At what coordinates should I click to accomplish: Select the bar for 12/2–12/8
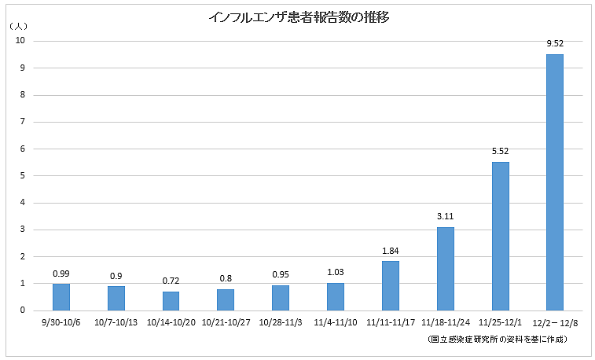555,182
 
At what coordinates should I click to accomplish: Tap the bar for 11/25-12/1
500,236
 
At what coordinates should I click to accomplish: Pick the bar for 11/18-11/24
446,268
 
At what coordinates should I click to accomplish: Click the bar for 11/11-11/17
391,285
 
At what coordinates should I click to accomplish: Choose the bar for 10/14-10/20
171,300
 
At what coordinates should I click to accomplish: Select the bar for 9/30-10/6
61,296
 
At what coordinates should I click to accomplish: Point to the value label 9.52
555,44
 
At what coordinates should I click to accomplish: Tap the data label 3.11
446,217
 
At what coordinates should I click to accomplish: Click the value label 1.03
336,273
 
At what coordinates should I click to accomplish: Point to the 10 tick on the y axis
21,41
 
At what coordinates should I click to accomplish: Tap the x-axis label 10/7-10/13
116,323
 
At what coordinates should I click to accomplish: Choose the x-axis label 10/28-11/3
281,323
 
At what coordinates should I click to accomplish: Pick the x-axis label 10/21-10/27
226,323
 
